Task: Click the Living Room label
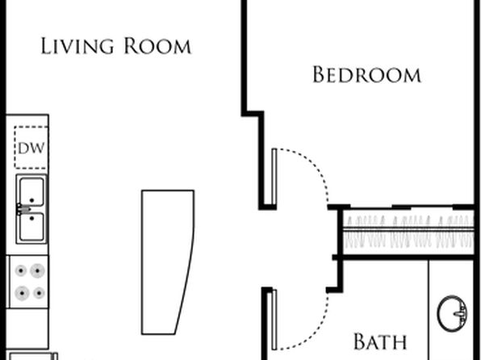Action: pos(116,46)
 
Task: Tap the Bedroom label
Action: pos(366,74)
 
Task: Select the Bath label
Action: pos(380,341)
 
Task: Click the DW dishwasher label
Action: pos(31,149)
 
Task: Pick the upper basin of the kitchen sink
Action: pos(31,192)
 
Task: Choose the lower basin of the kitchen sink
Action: pos(31,227)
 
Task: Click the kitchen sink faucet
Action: pos(23,210)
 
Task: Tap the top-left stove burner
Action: pos(21,270)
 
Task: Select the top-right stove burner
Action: pos(37,270)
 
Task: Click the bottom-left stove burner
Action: pos(22,293)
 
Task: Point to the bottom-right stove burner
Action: pos(39,293)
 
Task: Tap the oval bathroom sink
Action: pos(452,313)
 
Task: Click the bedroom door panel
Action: pos(274,177)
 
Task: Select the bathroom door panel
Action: pos(274,320)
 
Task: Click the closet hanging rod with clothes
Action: pos(408,229)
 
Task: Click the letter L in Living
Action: pos(45,46)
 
